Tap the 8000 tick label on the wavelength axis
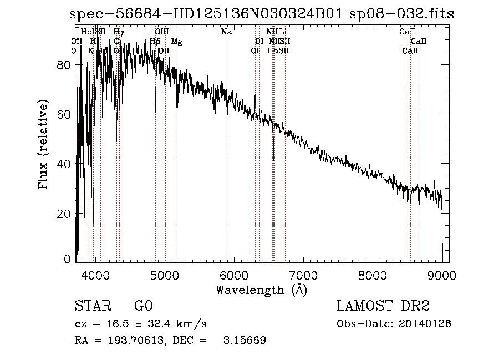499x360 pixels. coord(373,274)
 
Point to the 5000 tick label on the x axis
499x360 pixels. coord(164,274)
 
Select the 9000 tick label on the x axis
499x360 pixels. coord(442,274)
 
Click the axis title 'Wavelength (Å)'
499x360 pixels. coord(261,290)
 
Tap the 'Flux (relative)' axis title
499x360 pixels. coord(43,145)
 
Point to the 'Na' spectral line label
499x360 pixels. coord(226,32)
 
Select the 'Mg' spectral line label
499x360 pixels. coord(176,42)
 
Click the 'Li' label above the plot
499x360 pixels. coord(283,32)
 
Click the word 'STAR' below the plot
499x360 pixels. coord(93,306)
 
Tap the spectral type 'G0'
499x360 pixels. coord(142,306)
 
